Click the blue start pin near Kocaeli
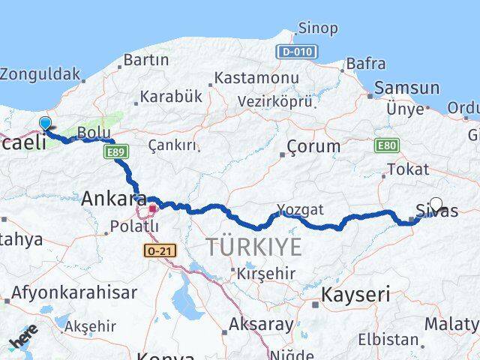[x=45, y=124]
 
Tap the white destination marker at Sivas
[x=436, y=203]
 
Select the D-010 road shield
[x=297, y=52]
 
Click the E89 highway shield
[x=115, y=153]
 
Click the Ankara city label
[x=113, y=199]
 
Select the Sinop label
[x=318, y=28]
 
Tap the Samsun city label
[x=406, y=87]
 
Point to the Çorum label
[x=314, y=146]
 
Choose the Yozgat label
[x=300, y=209]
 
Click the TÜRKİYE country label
[x=254, y=247]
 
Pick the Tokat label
[x=409, y=169]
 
